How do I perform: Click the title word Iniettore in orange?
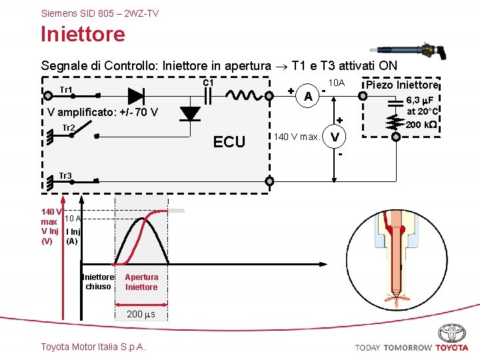coord(83,33)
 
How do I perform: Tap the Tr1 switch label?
coord(66,90)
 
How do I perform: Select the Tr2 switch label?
coord(68,128)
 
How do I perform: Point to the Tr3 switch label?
coord(65,176)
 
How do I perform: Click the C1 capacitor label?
coord(207,83)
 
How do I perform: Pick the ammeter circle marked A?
coord(307,96)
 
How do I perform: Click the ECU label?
coord(229,141)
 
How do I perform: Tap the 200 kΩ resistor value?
coord(421,125)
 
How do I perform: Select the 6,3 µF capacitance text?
coord(421,101)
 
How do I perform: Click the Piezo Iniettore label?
coord(399,85)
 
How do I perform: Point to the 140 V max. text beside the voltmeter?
coord(296,137)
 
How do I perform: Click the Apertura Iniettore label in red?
coord(141,282)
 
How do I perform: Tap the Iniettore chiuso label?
coord(98,282)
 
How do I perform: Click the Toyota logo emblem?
coord(451,333)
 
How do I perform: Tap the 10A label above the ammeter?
coord(337,83)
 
